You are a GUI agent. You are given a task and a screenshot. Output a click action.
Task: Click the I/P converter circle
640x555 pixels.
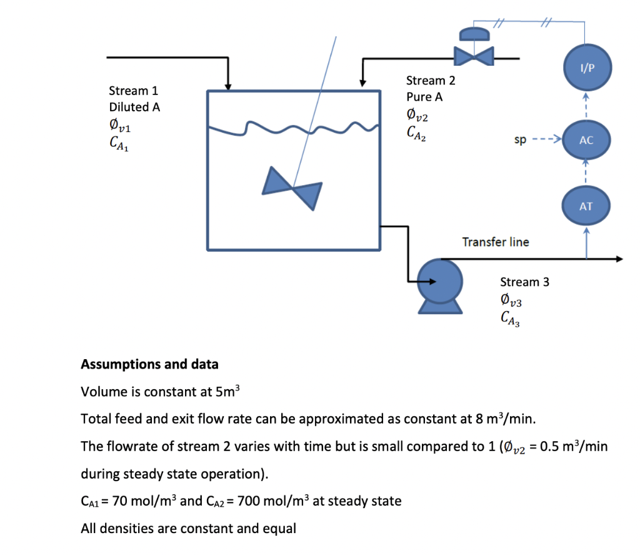586,68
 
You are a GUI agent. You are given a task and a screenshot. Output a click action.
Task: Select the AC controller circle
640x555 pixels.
586,140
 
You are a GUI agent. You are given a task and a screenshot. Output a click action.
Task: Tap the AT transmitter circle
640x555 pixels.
586,205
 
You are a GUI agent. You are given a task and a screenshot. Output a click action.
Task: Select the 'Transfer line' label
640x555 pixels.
495,242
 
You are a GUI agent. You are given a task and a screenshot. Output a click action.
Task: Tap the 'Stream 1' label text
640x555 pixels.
132,91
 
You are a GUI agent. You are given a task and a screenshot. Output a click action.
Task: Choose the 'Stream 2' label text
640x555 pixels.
431,80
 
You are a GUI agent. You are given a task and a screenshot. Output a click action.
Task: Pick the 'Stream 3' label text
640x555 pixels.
524,282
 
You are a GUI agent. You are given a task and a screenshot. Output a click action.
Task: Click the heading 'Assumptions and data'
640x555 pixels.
150,364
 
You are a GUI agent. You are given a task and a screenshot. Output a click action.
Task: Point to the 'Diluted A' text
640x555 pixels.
134,107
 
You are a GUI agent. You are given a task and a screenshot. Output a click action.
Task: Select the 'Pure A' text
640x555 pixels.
420,97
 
